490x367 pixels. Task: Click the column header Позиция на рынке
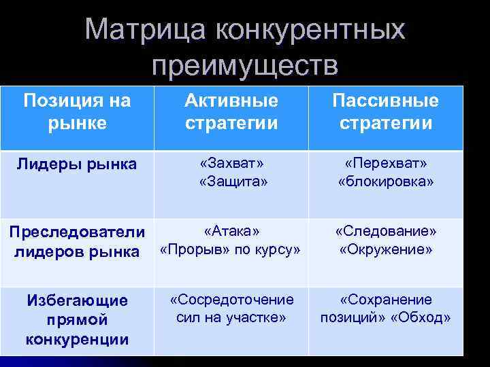click(76, 112)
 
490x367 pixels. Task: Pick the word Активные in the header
click(231, 101)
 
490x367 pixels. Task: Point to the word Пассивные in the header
click(385, 101)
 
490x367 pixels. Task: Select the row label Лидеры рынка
click(76, 164)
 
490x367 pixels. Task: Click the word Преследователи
click(76, 232)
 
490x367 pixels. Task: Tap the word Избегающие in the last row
click(76, 300)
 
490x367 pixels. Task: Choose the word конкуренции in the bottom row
click(76, 339)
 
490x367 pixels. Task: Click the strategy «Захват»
click(231, 164)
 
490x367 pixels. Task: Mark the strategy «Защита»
click(231, 181)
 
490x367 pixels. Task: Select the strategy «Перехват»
click(385, 164)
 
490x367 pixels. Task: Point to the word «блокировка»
click(385, 181)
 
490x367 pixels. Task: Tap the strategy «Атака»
click(231, 231)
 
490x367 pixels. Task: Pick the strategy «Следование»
click(385, 231)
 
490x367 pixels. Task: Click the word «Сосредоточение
click(231, 299)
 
